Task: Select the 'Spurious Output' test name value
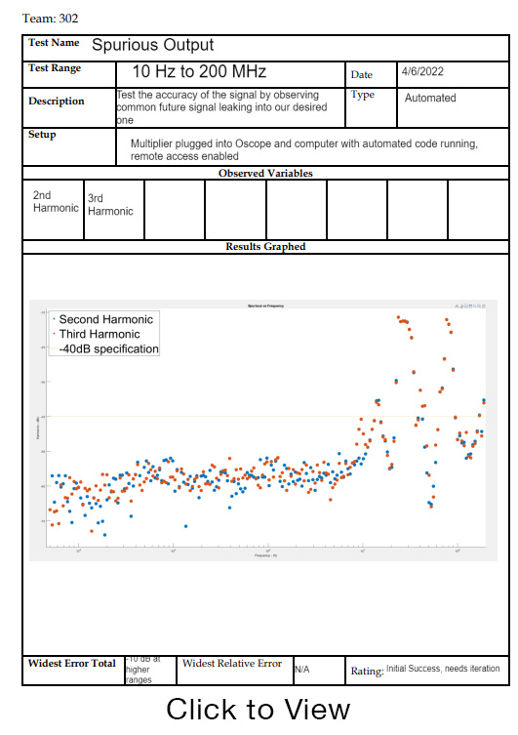coord(152,45)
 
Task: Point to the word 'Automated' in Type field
coord(430,98)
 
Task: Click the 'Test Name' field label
coord(54,44)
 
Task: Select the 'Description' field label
coord(57,102)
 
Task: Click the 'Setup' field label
coord(42,135)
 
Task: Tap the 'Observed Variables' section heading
coord(265,173)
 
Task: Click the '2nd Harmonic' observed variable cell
coord(55,202)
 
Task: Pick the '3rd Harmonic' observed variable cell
coord(110,205)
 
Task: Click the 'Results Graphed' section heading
coord(265,247)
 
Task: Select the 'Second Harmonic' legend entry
coord(105,319)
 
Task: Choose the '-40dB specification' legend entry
coord(108,348)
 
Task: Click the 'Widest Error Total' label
coord(71,664)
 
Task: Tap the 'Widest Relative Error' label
coord(232,664)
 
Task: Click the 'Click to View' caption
coord(258,710)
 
